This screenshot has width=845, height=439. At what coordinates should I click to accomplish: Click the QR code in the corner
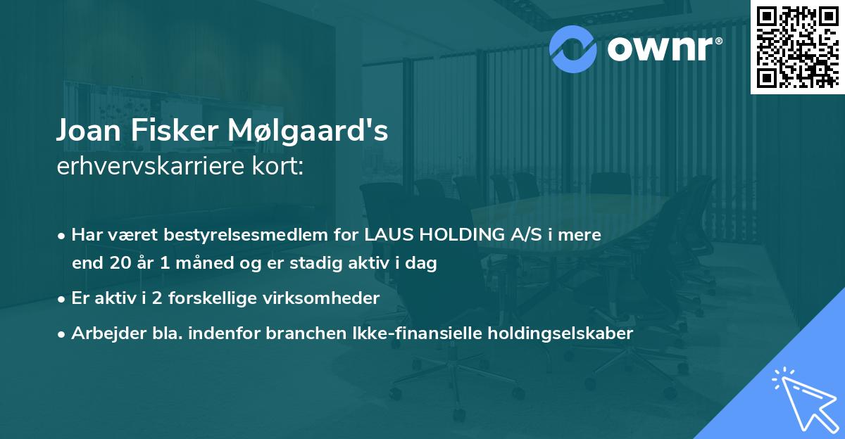797,46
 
